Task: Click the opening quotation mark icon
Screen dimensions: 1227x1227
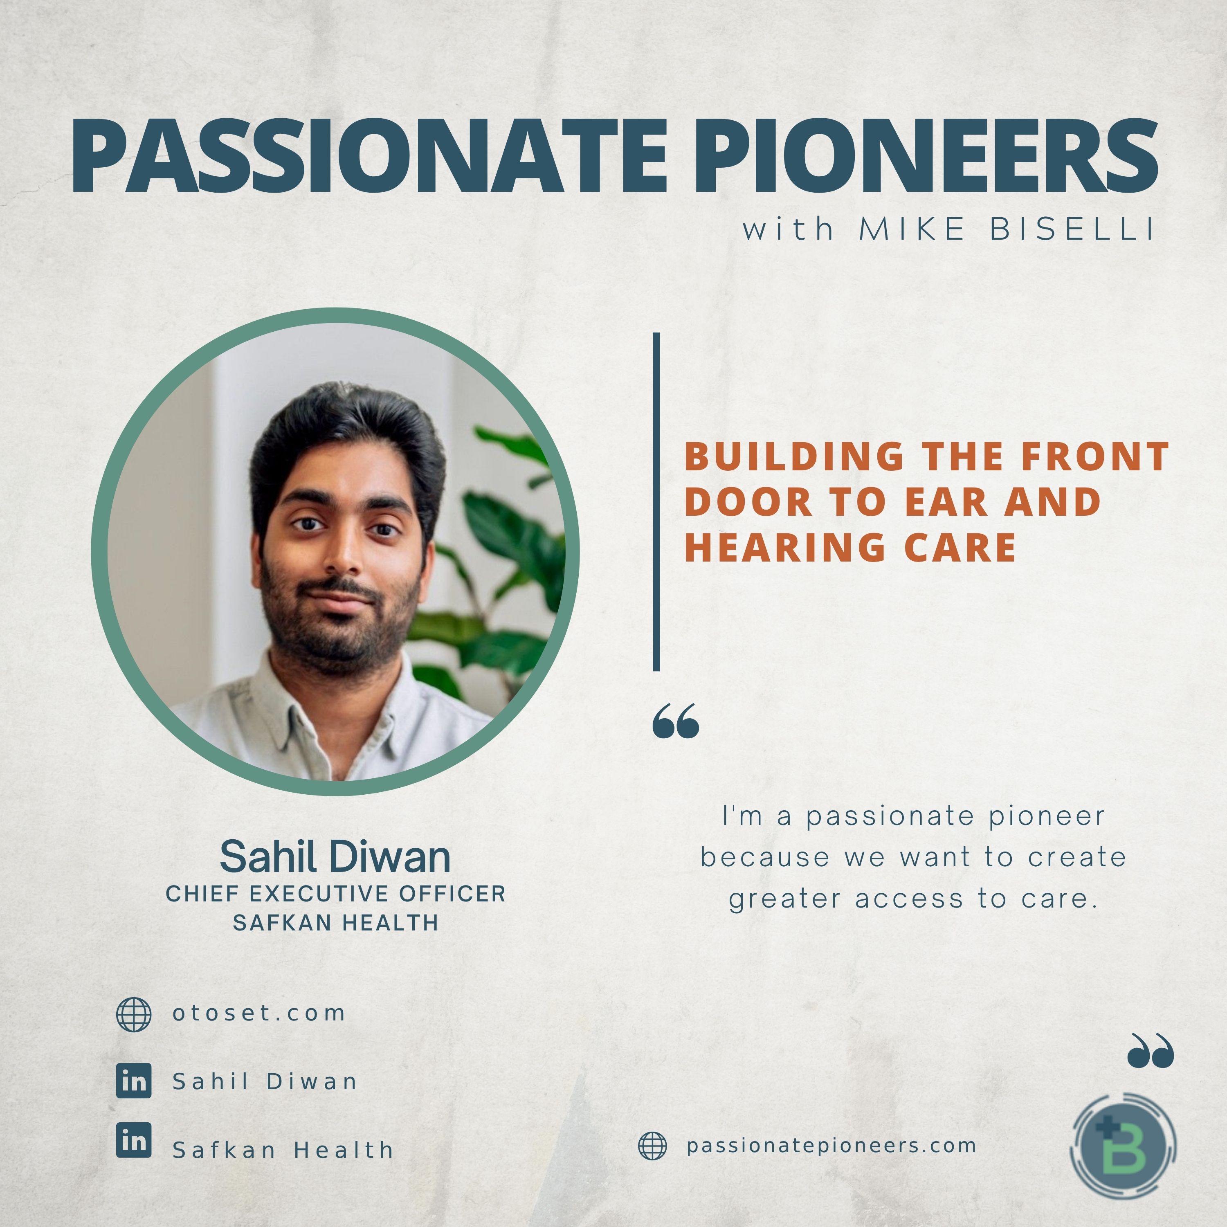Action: (x=676, y=721)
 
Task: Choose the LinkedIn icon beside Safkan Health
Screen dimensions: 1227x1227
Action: (x=134, y=1140)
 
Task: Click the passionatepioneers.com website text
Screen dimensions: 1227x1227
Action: (x=831, y=1146)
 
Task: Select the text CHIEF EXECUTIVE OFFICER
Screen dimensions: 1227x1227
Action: (x=335, y=894)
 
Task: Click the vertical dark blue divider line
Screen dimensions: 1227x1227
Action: (x=656, y=502)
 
